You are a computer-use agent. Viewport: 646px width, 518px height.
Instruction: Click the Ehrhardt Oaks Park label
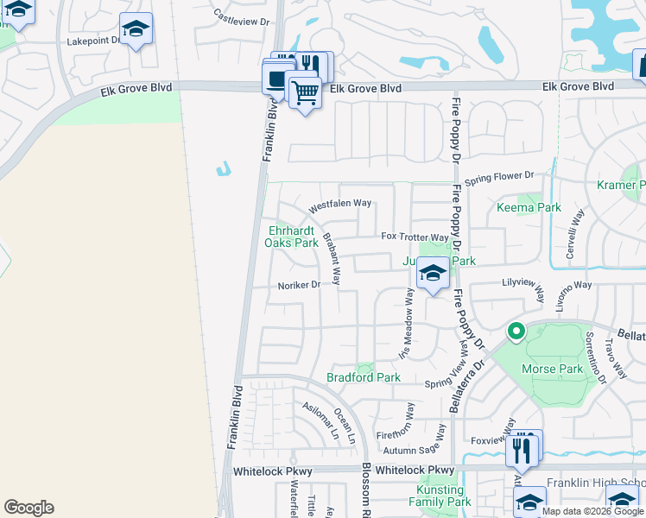294,237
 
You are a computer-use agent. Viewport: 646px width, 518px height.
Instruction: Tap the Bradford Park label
364,377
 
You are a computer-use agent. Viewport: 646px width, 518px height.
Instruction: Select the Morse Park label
553,369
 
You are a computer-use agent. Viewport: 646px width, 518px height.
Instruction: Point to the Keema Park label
529,207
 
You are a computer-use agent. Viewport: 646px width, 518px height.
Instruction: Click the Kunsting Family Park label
439,496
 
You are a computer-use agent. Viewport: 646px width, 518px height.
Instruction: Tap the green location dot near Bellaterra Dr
516,331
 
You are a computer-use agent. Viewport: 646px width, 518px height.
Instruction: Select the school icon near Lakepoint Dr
136,30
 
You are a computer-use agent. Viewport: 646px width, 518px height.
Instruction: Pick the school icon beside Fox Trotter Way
432,275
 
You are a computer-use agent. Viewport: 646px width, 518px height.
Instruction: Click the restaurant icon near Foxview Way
521,450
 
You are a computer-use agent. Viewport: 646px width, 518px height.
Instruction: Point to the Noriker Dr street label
299,286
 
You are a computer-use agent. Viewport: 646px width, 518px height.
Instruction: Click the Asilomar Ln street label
319,417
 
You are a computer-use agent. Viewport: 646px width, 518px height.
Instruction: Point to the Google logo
28,508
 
